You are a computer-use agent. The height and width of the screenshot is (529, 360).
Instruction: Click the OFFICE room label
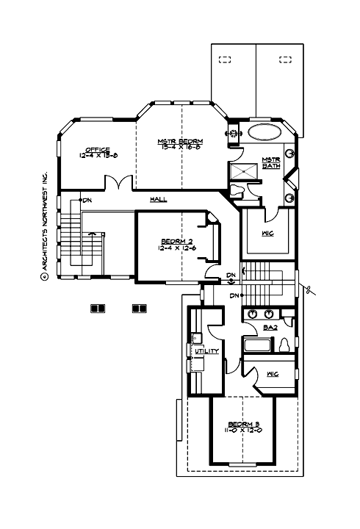(96, 149)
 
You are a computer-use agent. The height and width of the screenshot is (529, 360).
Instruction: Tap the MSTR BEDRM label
(180, 140)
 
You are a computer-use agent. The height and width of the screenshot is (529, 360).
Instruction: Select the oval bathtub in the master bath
(263, 134)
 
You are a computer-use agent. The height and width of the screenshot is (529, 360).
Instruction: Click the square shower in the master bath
(245, 170)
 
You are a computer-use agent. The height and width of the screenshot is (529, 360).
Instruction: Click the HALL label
(158, 199)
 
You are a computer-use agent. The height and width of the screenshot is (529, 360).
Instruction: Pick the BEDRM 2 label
(176, 240)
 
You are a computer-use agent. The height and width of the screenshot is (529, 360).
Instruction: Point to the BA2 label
(270, 327)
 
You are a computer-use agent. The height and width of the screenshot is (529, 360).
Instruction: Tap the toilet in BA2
(285, 345)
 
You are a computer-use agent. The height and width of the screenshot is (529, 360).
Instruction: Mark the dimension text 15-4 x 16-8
(180, 147)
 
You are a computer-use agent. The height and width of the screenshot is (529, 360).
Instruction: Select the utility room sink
(196, 339)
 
